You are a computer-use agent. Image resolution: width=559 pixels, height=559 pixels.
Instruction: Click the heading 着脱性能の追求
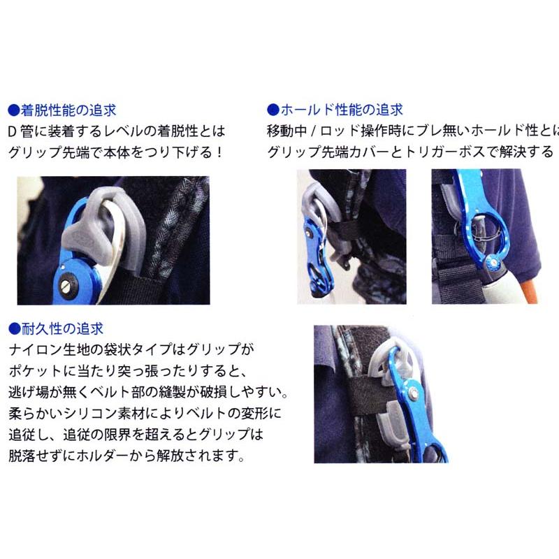coord(66,110)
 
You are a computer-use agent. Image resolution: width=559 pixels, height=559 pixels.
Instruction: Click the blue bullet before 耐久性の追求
coord(12,328)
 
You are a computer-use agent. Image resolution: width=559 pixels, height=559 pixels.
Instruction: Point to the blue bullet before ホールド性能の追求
coord(273,110)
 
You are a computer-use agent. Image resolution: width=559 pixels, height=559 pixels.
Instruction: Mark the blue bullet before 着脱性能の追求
coord(12,110)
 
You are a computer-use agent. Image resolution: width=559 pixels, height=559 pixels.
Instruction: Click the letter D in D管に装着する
coord(12,130)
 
